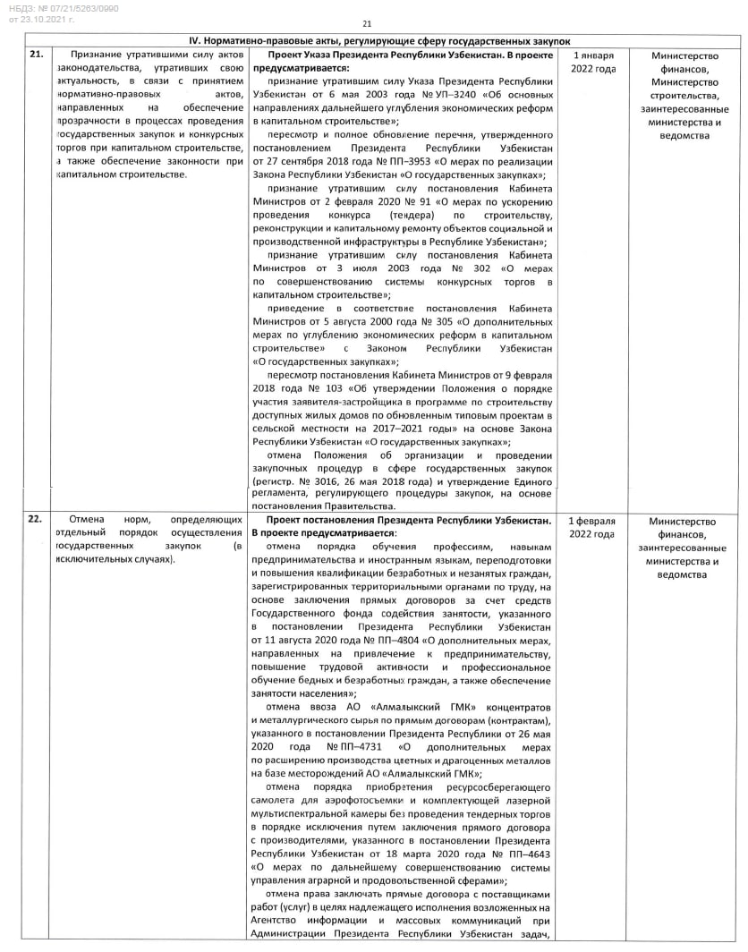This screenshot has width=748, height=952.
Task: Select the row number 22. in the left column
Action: [36, 520]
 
